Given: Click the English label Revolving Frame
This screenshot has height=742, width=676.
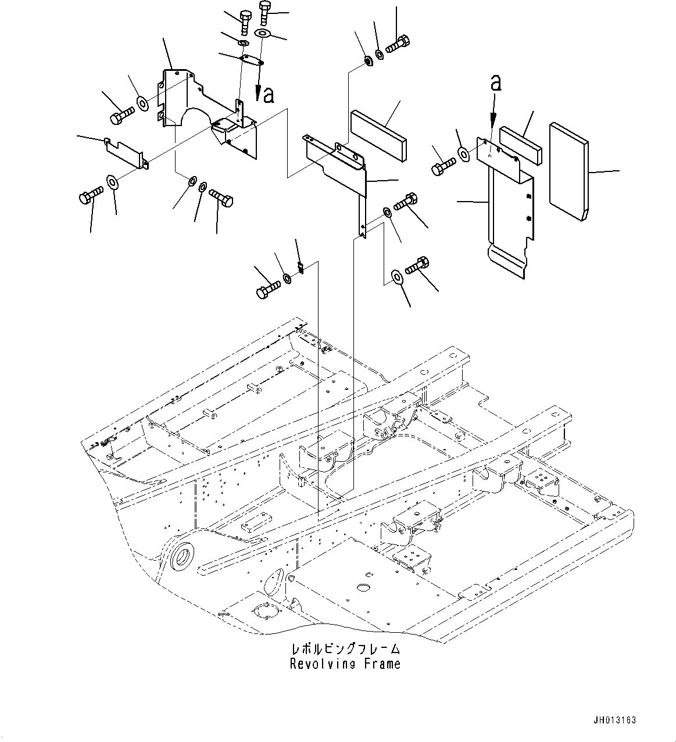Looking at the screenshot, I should [x=345, y=664].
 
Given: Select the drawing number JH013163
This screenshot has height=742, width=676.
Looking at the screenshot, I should [x=616, y=720].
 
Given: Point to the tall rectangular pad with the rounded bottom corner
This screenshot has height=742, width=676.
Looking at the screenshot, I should [x=568, y=172].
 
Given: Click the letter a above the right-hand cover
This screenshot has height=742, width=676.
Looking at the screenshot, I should [x=495, y=83].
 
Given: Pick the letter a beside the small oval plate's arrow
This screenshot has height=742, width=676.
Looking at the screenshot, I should [x=268, y=95].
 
